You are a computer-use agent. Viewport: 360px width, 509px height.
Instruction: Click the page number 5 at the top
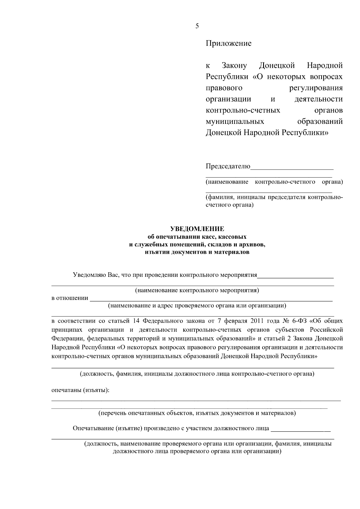(197, 26)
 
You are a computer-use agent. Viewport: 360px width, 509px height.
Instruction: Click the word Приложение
(228, 43)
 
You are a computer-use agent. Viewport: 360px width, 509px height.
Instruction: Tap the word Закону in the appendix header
(234, 65)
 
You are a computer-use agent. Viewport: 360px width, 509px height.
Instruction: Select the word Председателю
(228, 166)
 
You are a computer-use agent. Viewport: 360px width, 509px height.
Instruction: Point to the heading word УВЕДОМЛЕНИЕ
(197, 229)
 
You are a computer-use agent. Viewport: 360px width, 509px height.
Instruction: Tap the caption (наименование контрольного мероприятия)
(197, 290)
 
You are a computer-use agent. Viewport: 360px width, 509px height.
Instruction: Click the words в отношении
(70, 298)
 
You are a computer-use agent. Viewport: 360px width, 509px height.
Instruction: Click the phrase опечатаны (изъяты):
(80, 391)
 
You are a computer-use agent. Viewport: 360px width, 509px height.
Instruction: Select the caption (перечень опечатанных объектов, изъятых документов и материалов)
(197, 413)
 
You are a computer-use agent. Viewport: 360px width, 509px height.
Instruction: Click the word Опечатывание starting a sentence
(93, 428)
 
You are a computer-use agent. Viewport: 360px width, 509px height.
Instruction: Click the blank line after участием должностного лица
(300, 430)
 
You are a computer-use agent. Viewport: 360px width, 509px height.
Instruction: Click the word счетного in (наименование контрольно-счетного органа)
(303, 182)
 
